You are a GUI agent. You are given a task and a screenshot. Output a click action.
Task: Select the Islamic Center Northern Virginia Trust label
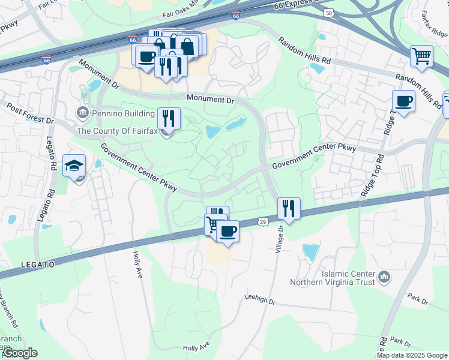pyautogui.click(x=332, y=277)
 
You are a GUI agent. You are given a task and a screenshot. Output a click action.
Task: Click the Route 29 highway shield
pyautogui.click(x=262, y=222)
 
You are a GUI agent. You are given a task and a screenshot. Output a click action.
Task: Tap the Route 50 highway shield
pyautogui.click(x=328, y=12)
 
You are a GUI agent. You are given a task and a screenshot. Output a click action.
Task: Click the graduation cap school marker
pyautogui.click(x=74, y=166)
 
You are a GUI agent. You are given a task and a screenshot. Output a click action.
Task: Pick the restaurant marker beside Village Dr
pyautogui.click(x=289, y=209)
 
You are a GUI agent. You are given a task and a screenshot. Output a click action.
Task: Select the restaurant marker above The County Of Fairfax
pyautogui.click(x=169, y=118)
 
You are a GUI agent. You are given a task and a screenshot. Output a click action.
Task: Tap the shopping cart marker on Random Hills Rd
pyautogui.click(x=422, y=57)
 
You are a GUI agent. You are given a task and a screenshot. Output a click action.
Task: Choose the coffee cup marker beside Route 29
pyautogui.click(x=228, y=231)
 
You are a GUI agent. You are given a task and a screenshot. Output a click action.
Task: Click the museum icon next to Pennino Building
pyautogui.click(x=82, y=112)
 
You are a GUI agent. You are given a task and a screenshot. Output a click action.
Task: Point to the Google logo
pyautogui.click(x=19, y=353)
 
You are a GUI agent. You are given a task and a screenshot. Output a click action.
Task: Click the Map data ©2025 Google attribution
pyautogui.click(x=412, y=355)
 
